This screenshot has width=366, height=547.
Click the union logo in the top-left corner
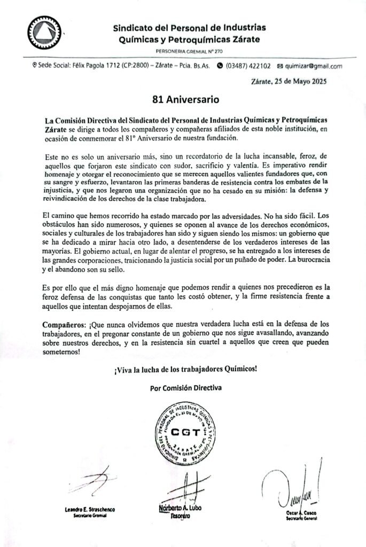[44, 34]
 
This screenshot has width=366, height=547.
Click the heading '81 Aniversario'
[183, 99]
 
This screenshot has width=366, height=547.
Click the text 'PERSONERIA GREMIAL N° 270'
[190, 51]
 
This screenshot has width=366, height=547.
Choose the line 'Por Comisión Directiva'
[185, 387]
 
